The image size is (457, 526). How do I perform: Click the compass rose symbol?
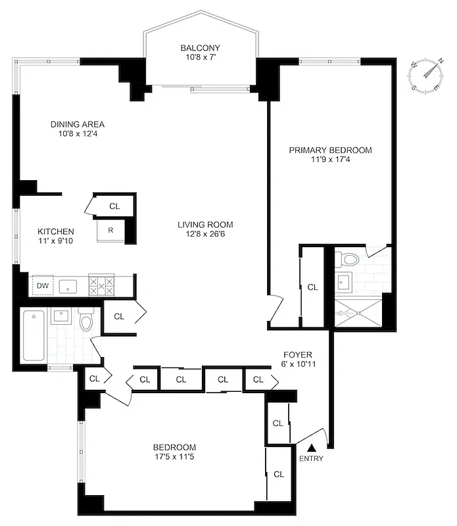pyautogui.click(x=426, y=74)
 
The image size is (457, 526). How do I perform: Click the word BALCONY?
pyautogui.click(x=201, y=48)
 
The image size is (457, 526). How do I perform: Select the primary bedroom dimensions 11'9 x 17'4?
pyautogui.click(x=330, y=160)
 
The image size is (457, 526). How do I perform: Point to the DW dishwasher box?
pyautogui.click(x=43, y=285)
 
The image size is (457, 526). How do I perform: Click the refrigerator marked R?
pyautogui.click(x=110, y=230)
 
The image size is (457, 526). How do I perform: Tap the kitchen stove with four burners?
pyautogui.click(x=101, y=285)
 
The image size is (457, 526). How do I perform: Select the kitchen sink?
pyautogui.click(x=69, y=286)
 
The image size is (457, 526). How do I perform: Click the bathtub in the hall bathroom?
pyautogui.click(x=34, y=335)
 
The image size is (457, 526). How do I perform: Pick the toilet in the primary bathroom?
pyautogui.click(x=350, y=259)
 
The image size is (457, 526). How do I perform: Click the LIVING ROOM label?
pyautogui.click(x=205, y=224)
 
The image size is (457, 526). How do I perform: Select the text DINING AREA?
pyautogui.click(x=78, y=124)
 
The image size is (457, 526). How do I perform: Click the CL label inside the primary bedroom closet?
pyautogui.click(x=312, y=287)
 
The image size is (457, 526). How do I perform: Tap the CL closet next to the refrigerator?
pyautogui.click(x=114, y=206)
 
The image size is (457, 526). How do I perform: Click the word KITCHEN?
pyautogui.click(x=55, y=231)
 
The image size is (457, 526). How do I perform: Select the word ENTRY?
pyautogui.click(x=311, y=458)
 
